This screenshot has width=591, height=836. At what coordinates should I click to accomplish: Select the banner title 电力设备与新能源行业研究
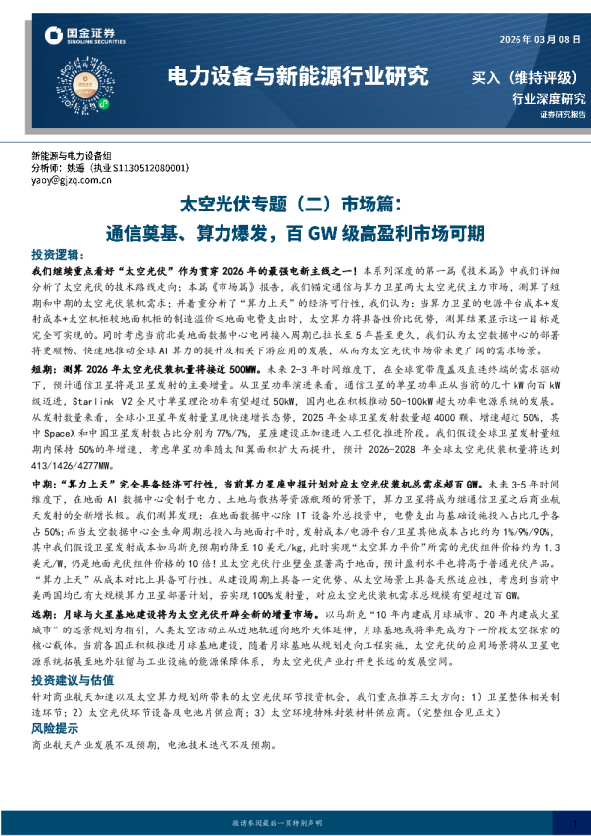(x=298, y=76)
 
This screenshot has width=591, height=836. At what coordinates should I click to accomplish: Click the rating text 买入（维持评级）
(x=527, y=77)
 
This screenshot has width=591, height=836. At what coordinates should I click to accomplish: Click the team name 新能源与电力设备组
(x=72, y=157)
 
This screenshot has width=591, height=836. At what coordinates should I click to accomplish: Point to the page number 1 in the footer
(x=574, y=823)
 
